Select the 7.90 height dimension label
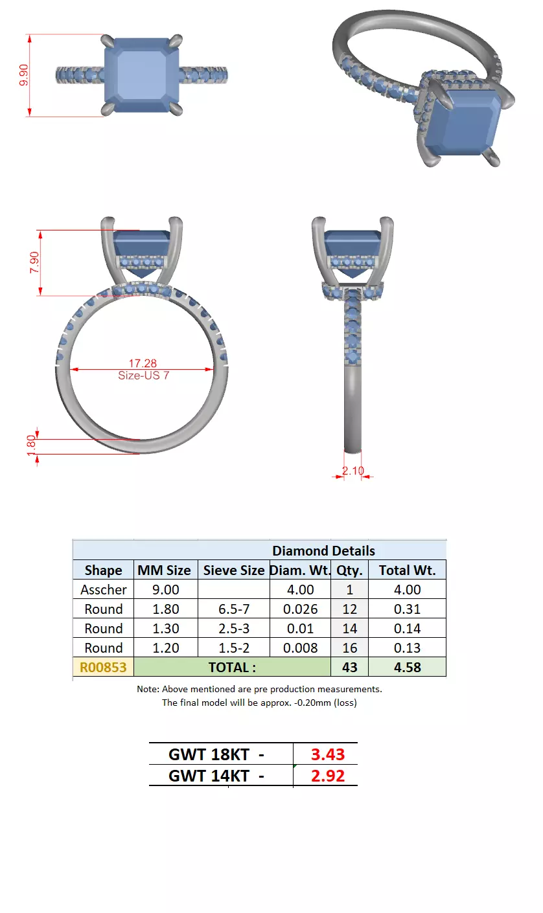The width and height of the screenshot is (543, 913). [x=35, y=262]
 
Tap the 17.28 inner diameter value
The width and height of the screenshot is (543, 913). [x=143, y=364]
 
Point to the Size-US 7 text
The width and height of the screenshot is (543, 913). [x=143, y=375]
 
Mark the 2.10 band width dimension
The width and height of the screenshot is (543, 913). [x=353, y=471]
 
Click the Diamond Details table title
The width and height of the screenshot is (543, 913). [x=323, y=551]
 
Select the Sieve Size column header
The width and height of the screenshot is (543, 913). [x=233, y=570]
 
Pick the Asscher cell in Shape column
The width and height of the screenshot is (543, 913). [x=103, y=590]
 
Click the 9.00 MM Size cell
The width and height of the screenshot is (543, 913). [x=165, y=590]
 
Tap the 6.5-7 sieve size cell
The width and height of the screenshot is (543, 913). [x=233, y=609]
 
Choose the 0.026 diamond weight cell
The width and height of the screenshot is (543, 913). [x=300, y=609]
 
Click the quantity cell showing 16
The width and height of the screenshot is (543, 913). [x=349, y=648]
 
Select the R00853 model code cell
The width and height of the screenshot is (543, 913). [x=102, y=668]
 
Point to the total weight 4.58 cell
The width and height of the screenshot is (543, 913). [x=408, y=668]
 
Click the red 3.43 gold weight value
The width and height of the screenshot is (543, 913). [x=327, y=754]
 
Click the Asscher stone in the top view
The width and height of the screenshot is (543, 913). [x=143, y=74]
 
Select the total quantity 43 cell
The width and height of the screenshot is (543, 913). [x=349, y=668]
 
